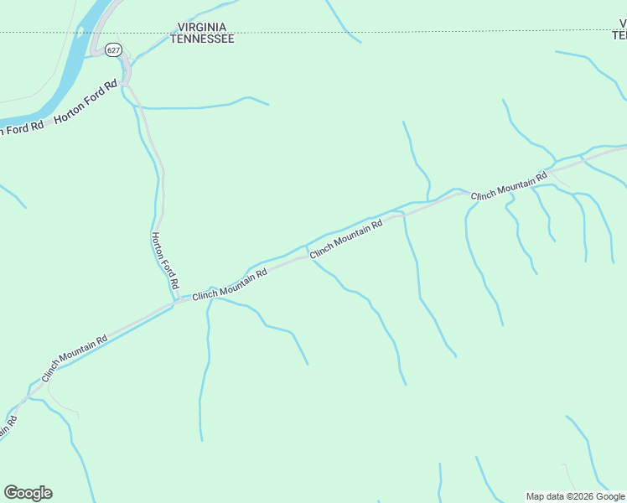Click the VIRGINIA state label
click(x=202, y=27)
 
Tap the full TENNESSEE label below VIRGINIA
click(x=202, y=39)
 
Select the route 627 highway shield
click(x=114, y=50)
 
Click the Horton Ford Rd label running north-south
click(x=164, y=261)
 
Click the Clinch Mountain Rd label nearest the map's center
click(x=345, y=239)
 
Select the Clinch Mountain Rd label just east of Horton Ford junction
click(x=229, y=285)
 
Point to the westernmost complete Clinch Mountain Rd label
click(x=74, y=359)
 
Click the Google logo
click(x=28, y=493)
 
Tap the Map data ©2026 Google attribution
click(x=575, y=496)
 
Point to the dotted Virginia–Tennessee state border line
click(x=335, y=32)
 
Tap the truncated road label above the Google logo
click(x=7, y=427)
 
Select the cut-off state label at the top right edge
click(x=619, y=30)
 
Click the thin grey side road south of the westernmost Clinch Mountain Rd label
click(x=63, y=410)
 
